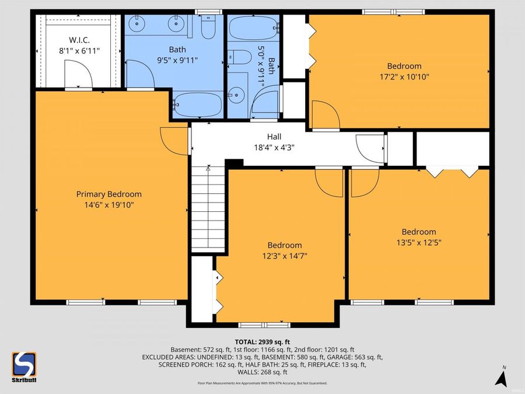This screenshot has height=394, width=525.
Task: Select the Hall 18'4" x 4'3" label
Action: (273, 142)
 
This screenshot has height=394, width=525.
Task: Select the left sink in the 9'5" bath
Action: (139, 24)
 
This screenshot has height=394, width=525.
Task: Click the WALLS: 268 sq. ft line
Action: (262, 372)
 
